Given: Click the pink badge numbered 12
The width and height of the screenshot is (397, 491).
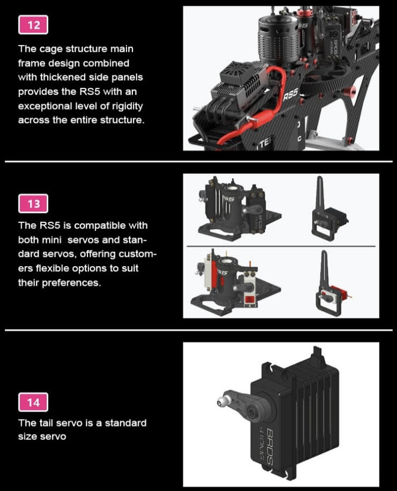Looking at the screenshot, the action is (33, 25).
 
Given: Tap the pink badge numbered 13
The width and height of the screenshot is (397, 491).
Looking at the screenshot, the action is (33, 204).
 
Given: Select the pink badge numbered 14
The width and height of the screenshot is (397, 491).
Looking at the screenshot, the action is (33, 402).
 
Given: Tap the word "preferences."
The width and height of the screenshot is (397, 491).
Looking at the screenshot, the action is (71, 283).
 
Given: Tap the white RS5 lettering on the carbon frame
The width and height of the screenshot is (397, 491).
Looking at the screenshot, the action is (290, 95).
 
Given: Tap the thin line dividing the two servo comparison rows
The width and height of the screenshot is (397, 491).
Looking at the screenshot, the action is (281, 247).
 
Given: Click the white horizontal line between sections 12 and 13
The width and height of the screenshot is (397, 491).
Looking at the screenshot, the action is (198, 161).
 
